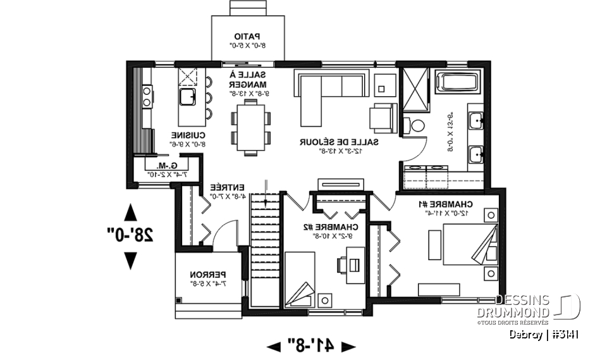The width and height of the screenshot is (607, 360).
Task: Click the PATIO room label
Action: [247, 36]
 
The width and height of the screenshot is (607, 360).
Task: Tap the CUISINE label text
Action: [189, 135]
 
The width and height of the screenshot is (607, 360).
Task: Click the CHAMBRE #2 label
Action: [337, 227]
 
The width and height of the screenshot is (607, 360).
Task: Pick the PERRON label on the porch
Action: [208, 275]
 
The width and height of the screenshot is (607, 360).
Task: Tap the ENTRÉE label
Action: [226, 187]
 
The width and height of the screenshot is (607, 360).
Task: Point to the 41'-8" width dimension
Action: [310, 345]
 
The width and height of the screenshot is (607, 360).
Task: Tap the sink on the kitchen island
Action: [187, 97]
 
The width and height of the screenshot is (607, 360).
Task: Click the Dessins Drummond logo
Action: [537, 307]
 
